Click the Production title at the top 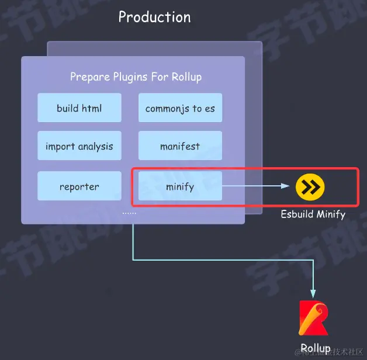point(154,17)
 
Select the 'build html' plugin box point(79,108)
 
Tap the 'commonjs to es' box point(180,108)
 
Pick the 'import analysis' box point(79,146)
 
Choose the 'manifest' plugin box point(180,146)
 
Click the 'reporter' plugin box point(79,186)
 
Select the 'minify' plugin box point(180,186)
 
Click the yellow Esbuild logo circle point(310,187)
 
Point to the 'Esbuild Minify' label point(313,214)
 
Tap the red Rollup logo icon point(314,318)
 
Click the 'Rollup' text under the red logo point(316,348)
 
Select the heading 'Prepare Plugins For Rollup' point(136,77)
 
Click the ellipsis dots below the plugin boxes point(130,213)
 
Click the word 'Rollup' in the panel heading point(187,77)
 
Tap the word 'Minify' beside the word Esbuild point(331,214)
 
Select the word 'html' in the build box point(92,108)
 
